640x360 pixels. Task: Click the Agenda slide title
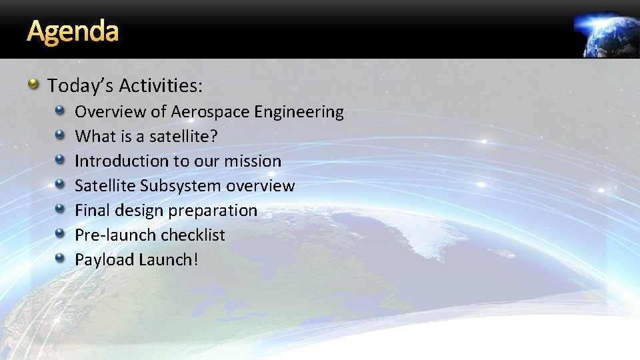click(73, 31)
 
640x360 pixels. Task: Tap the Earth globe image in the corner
click(609, 35)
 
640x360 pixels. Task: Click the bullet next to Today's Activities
click(33, 85)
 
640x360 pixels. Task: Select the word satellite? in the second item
click(183, 137)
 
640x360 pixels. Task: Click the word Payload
click(104, 260)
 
